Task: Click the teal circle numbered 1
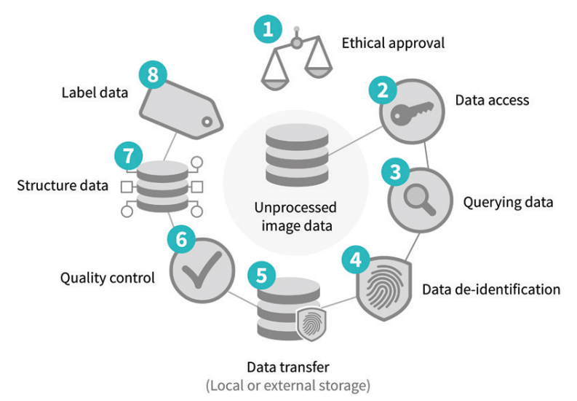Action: point(268,30)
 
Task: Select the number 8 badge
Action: point(152,74)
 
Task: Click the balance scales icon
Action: point(297,61)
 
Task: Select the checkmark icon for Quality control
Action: point(200,272)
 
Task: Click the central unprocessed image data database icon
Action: point(296,155)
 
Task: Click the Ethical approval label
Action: point(393,43)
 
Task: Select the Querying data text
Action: point(509,202)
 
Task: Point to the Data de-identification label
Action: point(491,289)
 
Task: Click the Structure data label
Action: point(63,185)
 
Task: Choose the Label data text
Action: point(95,93)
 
